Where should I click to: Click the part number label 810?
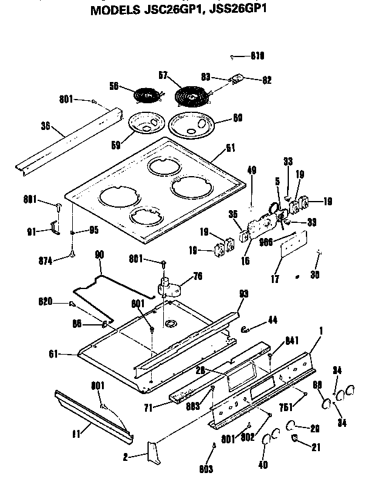pyautogui.click(x=257, y=56)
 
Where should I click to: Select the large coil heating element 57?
pyautogui.click(x=191, y=97)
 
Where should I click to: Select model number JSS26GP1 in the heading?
pyautogui.click(x=242, y=10)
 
